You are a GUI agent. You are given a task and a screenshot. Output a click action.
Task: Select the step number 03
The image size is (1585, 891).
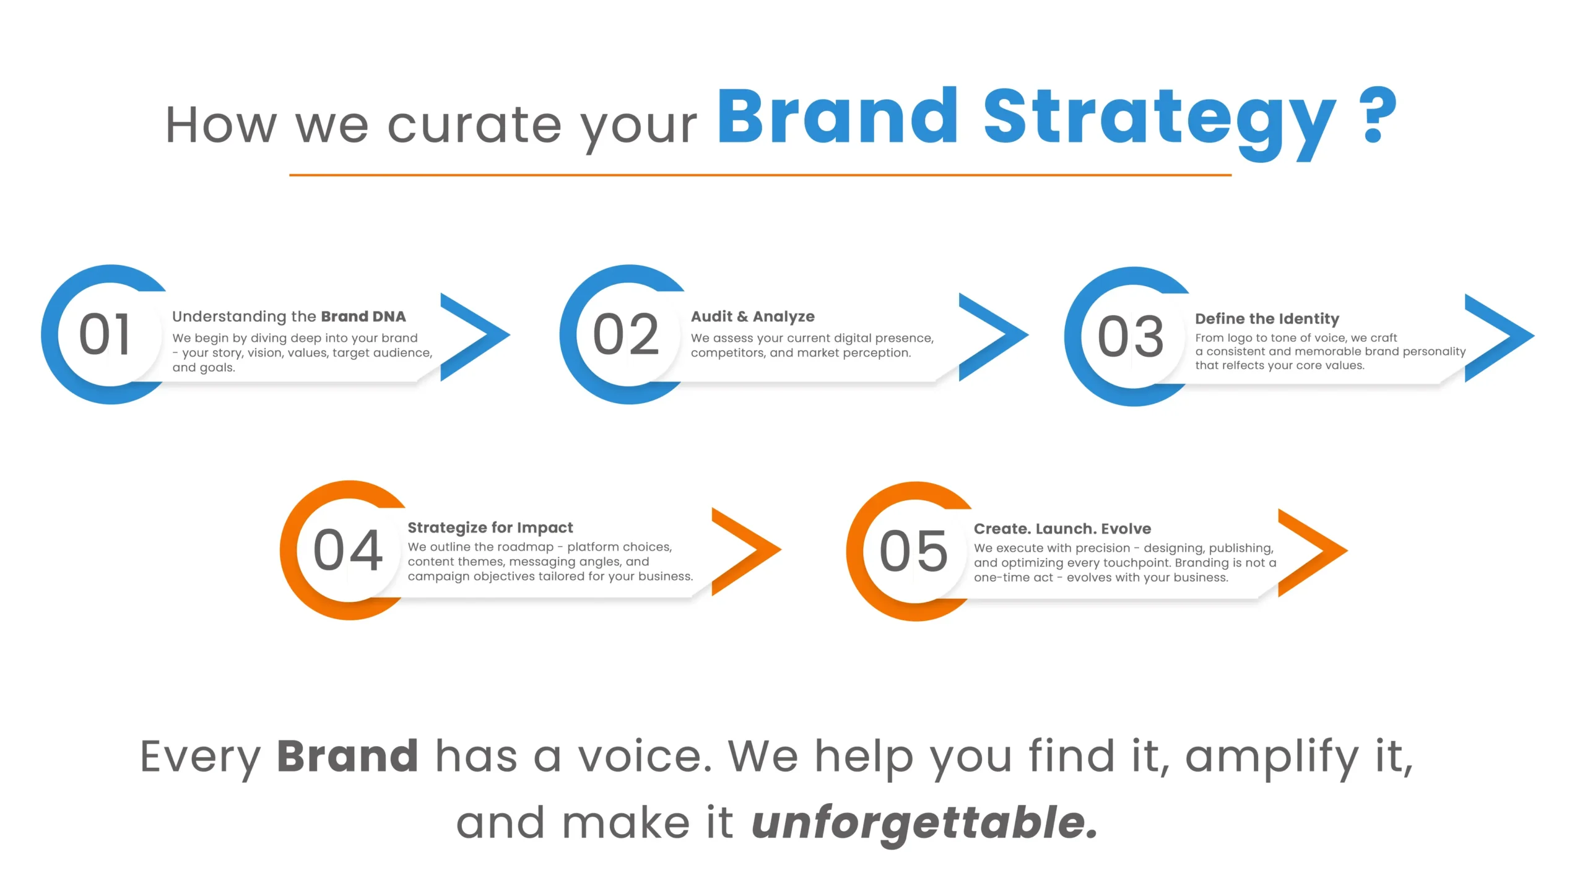(x=1131, y=336)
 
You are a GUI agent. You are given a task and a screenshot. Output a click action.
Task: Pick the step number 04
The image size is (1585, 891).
(x=348, y=550)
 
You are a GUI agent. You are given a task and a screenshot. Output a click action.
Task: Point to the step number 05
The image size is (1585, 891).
(x=914, y=551)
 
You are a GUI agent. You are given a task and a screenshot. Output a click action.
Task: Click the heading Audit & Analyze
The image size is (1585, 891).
(x=753, y=316)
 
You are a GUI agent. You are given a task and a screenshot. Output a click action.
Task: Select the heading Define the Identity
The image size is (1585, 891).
(x=1267, y=319)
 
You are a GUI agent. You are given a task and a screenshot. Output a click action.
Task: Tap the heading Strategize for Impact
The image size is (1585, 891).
(x=490, y=528)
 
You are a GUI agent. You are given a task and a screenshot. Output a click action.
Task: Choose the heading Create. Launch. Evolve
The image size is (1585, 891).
(x=1062, y=529)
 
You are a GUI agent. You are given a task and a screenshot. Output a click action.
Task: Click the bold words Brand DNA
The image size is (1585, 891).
(x=363, y=316)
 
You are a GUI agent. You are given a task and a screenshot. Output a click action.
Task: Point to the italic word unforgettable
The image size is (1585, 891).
(x=924, y=823)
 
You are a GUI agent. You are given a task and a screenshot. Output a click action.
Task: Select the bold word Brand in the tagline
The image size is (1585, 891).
(x=347, y=756)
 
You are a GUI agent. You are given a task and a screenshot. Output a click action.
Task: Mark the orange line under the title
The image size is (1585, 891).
(x=760, y=175)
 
